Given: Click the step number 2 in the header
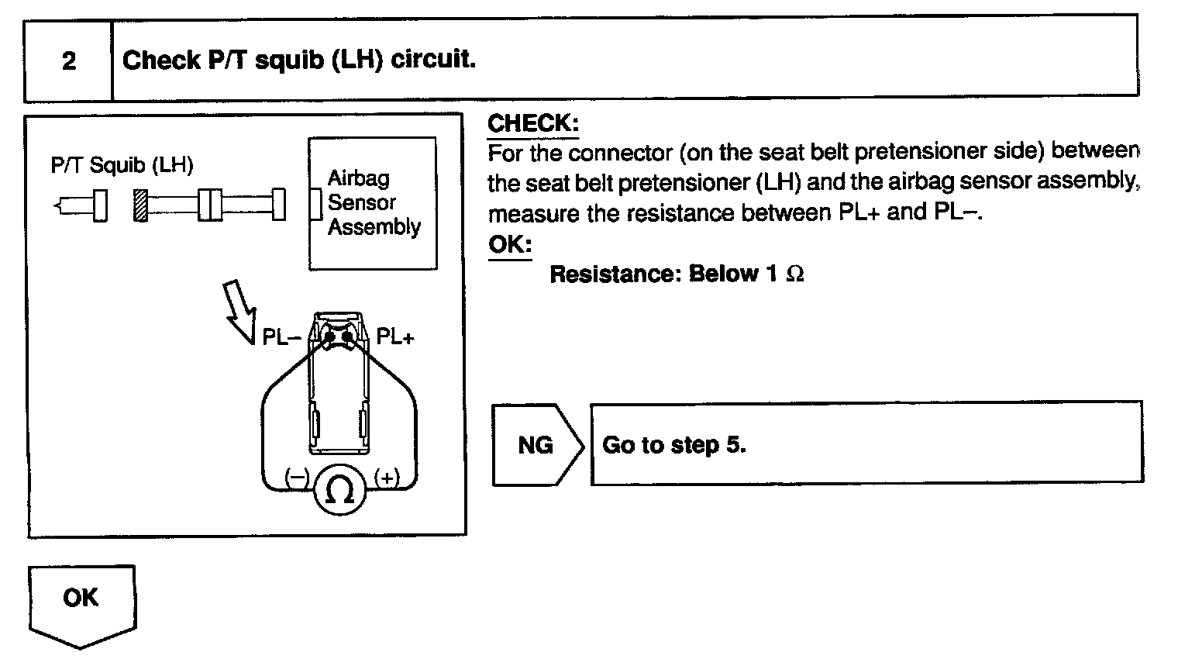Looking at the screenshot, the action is point(69,60).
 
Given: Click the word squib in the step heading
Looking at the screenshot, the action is point(287,60).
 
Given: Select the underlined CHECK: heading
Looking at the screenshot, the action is point(533,123).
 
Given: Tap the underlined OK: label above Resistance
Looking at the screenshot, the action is point(510,245).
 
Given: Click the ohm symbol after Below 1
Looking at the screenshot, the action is point(795,274).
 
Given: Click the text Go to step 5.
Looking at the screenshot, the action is point(673,445).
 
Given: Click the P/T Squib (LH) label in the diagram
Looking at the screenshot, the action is point(122,165).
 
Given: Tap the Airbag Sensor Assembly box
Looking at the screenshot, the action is point(374,203).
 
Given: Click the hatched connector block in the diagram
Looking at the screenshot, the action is point(140,205).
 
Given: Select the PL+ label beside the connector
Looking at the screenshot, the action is point(395,337).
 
